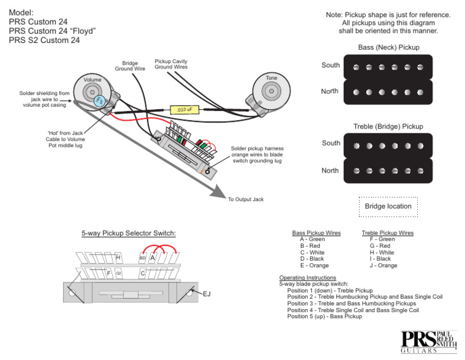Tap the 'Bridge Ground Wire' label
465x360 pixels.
tap(130, 65)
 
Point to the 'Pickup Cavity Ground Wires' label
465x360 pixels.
tap(171, 64)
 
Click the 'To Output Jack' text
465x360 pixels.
tap(246, 199)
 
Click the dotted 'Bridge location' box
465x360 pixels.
tap(388, 206)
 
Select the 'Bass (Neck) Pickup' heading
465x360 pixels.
tap(388, 47)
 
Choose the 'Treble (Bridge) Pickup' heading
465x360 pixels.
tap(388, 127)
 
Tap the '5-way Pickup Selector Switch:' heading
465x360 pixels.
tap(128, 233)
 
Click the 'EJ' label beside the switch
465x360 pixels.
tap(206, 293)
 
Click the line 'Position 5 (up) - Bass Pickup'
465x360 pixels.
tap(325, 316)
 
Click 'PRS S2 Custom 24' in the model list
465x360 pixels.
tap(44, 41)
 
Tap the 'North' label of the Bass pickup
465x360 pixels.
tap(330, 92)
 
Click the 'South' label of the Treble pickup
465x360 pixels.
tap(331, 143)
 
